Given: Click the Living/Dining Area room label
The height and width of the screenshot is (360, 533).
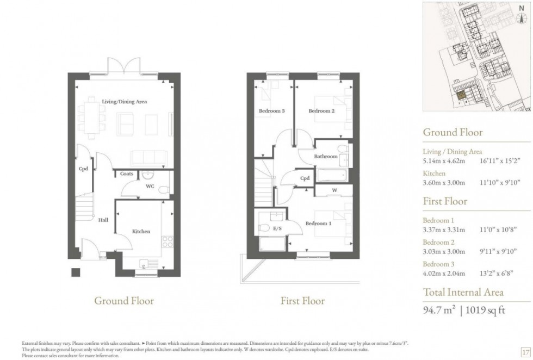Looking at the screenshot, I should pyautogui.click(x=125, y=102).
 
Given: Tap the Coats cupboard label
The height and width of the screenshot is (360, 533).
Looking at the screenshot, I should pyautogui.click(x=127, y=174).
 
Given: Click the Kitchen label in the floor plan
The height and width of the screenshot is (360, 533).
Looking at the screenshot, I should pyautogui.click(x=141, y=232).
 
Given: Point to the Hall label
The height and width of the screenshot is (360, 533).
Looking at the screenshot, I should pyautogui.click(x=103, y=220).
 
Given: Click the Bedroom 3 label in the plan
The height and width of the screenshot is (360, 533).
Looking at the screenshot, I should pyautogui.click(x=272, y=111).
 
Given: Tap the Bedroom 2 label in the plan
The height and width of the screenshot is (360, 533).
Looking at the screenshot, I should pyautogui.click(x=321, y=111).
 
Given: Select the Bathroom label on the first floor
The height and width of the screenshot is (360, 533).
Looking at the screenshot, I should pyautogui.click(x=326, y=157).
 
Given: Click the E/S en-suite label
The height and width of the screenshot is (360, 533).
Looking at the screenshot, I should pyautogui.click(x=276, y=228).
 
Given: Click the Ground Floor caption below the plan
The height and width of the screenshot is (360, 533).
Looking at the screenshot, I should pyautogui.click(x=124, y=301).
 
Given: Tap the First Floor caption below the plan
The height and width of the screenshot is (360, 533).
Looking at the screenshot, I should pyautogui.click(x=302, y=301).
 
